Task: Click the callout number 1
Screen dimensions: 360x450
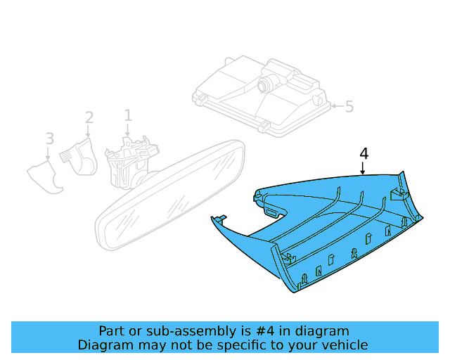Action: point(128,115)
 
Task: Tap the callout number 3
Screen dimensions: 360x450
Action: point(49,138)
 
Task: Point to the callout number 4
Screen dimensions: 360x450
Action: point(364,154)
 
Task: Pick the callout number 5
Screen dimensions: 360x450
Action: point(349,107)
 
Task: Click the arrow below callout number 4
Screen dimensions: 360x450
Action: point(363,169)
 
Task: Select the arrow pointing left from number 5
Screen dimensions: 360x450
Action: point(335,107)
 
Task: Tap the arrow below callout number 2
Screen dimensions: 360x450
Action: point(89,131)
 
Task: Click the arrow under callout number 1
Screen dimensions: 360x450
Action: point(128,129)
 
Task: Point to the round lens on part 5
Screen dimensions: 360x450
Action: point(264,85)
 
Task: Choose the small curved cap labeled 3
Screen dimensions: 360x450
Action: point(46,176)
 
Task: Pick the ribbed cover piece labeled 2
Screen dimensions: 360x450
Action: point(79,155)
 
